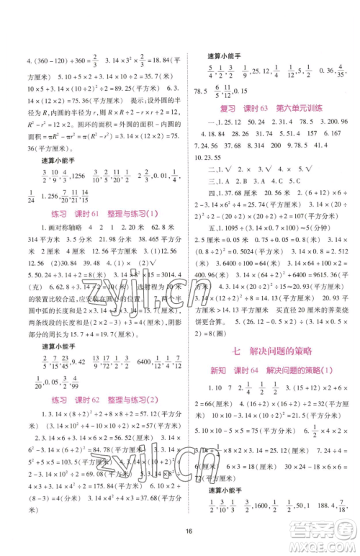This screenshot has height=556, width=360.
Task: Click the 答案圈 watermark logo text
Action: tap(321, 533)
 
